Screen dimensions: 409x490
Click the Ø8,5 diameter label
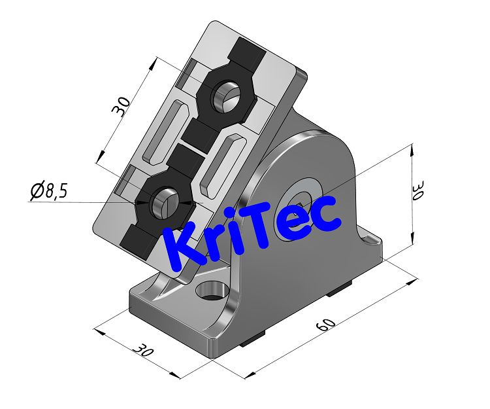pyautogui.click(x=49, y=191)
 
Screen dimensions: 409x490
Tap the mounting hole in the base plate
pyautogui.click(x=210, y=290)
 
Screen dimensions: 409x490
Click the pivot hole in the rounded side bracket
pyautogui.click(x=302, y=195)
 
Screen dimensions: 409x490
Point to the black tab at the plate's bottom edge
pyautogui.click(x=139, y=241)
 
